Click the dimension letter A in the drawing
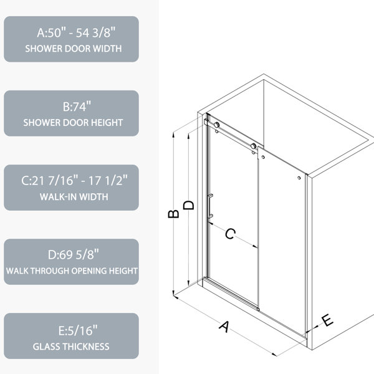pos(224,327)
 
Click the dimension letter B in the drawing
pos(173,214)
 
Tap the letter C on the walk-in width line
pos(230,234)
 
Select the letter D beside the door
pos(189,205)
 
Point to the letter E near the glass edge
pos(328,320)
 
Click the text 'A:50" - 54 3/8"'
pos(76,32)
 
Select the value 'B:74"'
pos(77,107)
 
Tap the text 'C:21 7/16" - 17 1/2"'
pos(74,180)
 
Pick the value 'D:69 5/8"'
pos(73,254)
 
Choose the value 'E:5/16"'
pos(78,330)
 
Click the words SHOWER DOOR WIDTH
pos(74,49)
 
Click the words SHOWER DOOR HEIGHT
pos(73,123)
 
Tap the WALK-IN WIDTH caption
pos(74,197)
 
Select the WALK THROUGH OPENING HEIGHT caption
pos(72,271)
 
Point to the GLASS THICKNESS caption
pos(71,347)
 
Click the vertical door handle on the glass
pos(210,206)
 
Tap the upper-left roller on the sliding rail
pos(216,125)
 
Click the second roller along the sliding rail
pos(253,146)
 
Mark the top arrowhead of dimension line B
pos(173,134)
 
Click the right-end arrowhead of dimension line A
pos(274,355)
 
